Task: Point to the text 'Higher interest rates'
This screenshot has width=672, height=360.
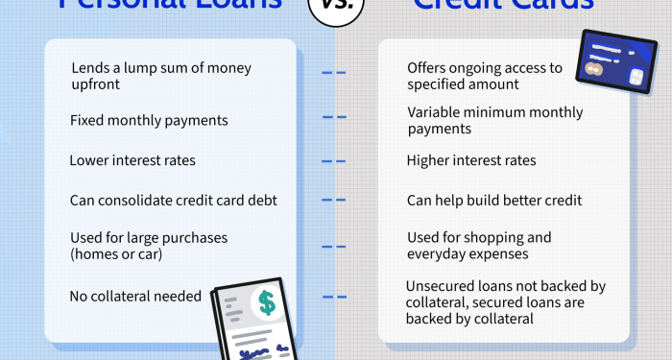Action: (471, 160)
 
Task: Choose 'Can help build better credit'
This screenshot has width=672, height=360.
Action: (494, 201)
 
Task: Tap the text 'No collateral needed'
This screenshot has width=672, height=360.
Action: (135, 297)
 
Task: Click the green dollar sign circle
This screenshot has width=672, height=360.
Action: (266, 303)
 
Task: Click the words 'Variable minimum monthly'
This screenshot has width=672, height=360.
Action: (494, 112)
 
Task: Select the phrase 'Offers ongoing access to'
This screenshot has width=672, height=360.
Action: (485, 68)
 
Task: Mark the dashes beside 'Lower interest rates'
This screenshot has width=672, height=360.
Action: (333, 160)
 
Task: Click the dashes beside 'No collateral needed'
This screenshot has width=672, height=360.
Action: (333, 297)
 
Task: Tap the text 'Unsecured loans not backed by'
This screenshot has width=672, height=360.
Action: (504, 285)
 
